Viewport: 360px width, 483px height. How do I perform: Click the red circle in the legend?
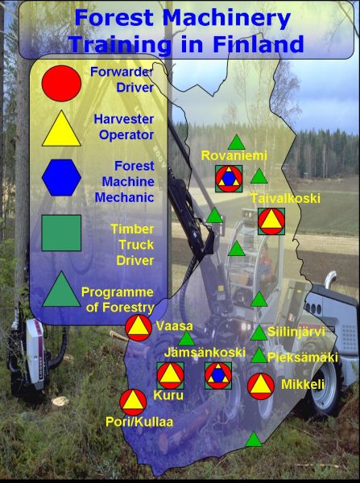point(61,83)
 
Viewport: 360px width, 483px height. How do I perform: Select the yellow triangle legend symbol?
point(61,129)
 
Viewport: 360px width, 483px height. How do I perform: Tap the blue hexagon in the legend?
point(61,177)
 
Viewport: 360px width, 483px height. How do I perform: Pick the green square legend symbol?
point(61,233)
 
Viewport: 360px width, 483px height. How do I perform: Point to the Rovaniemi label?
point(234,156)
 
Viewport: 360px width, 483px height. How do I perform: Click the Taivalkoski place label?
point(286,198)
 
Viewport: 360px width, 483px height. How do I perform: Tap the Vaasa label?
point(175,326)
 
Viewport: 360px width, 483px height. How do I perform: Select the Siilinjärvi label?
point(296,332)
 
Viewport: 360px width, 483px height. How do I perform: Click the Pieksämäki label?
point(303,357)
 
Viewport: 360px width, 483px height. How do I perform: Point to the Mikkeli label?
point(303,384)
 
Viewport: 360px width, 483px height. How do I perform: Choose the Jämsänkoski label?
point(205,353)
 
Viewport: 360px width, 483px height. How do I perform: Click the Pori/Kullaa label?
point(139,422)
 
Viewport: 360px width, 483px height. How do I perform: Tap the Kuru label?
point(168,395)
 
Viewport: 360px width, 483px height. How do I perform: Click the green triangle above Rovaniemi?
point(237,142)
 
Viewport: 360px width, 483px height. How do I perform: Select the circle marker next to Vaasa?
point(139,328)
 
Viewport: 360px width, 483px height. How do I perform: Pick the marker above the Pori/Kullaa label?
point(133,402)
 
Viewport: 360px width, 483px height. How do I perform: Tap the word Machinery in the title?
point(226,18)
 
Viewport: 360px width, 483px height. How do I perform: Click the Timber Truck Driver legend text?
point(132,245)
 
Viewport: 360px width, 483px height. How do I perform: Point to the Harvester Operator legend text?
point(123,127)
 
